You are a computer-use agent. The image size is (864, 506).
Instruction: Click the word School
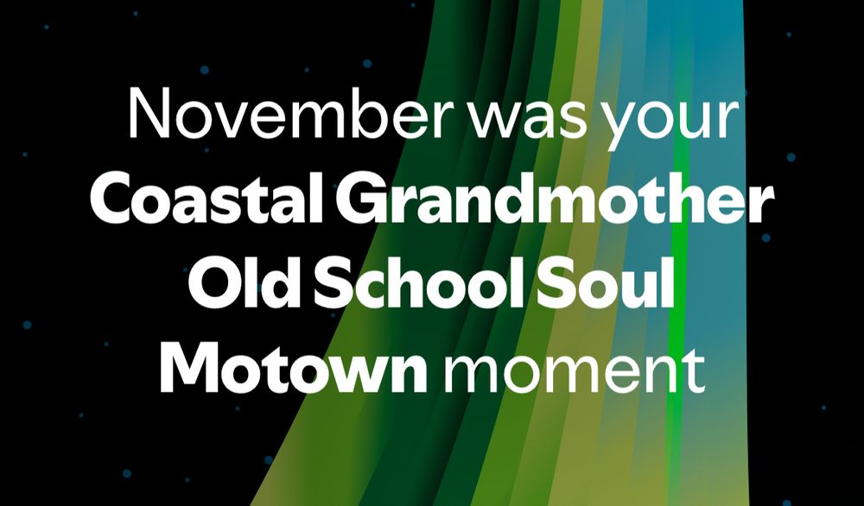point(419,281)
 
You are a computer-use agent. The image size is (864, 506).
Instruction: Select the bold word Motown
point(294,366)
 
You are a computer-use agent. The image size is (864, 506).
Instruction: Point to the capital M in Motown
point(189,367)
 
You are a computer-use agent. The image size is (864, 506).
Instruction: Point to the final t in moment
point(695,371)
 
